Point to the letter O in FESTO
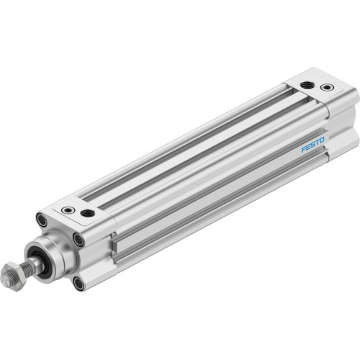pyautogui.click(x=322, y=139)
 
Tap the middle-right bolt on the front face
pyautogui.click(x=78, y=240)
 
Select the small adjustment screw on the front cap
pyautogui.click(x=68, y=210)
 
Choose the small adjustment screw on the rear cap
pyautogui.click(x=328, y=88)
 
